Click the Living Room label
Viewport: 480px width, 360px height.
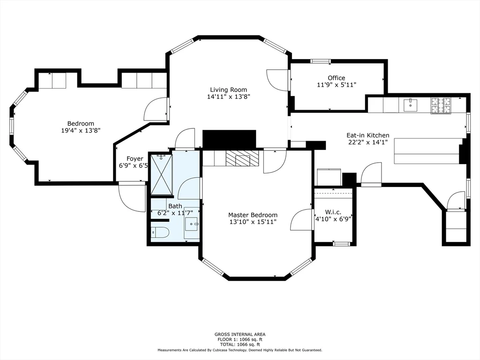pyautogui.click(x=228, y=90)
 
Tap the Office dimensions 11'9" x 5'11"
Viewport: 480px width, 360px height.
pyautogui.click(x=337, y=85)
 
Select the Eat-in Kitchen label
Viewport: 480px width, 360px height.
pyautogui.click(x=367, y=135)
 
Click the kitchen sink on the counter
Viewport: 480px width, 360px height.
pyautogui.click(x=410, y=105)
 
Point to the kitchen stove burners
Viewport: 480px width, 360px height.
pyautogui.click(x=441, y=105)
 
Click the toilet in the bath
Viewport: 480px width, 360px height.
pyautogui.click(x=160, y=232)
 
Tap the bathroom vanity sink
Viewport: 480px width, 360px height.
pyautogui.click(x=192, y=224)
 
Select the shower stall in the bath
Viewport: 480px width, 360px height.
pyautogui.click(x=162, y=174)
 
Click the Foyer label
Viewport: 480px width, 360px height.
pyautogui.click(x=135, y=158)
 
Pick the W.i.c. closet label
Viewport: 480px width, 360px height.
pyautogui.click(x=333, y=212)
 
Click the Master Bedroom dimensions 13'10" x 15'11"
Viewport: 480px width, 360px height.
pyautogui.click(x=253, y=222)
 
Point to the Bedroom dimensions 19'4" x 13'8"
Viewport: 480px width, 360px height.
pyautogui.click(x=81, y=130)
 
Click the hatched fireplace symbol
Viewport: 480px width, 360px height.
pyautogui.click(x=242, y=158)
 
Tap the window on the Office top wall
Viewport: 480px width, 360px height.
pyautogui.click(x=320, y=61)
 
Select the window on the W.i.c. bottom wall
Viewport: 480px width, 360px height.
pyautogui.click(x=341, y=244)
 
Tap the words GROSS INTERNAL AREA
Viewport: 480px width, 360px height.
pyautogui.click(x=240, y=334)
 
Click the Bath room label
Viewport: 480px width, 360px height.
pyautogui.click(x=175, y=206)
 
